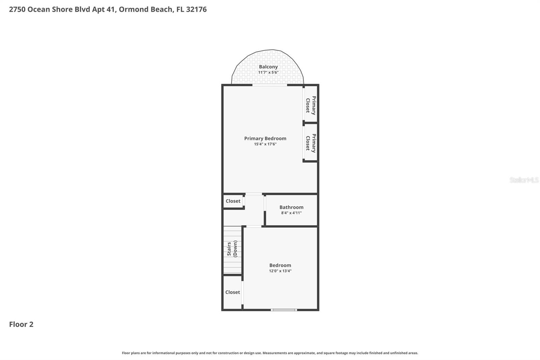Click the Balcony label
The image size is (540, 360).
pos(268,67)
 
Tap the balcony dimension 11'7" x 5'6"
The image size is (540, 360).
pos(268,73)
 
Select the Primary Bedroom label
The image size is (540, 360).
pos(265,138)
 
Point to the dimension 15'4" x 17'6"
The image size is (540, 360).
pos(265,144)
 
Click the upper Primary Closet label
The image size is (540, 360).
pos(311,105)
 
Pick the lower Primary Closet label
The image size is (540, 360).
pos(311,143)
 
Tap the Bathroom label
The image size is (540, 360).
pos(291,207)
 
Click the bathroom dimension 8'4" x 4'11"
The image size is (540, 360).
pos(291,213)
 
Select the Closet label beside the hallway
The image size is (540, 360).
pos(233,201)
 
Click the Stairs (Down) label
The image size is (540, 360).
pos(232,249)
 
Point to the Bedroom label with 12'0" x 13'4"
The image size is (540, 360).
pos(280,265)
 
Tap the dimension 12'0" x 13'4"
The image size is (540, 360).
pos(280,271)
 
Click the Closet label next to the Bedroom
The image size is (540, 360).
pos(233,292)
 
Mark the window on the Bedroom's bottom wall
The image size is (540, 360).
pos(284,310)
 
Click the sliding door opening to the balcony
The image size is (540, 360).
pos(270,85)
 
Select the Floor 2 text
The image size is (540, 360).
pos(21,324)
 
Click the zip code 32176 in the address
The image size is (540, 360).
pos(196,9)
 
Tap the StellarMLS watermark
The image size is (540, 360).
pos(524,180)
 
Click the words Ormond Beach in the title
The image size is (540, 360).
pos(145,9)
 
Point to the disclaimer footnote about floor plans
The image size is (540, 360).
pos(270,353)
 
